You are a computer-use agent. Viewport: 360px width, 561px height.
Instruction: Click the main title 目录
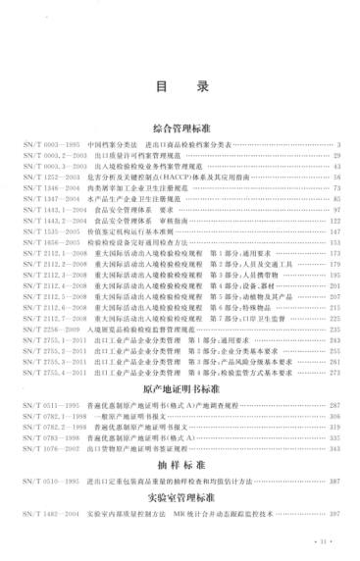[180, 87]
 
